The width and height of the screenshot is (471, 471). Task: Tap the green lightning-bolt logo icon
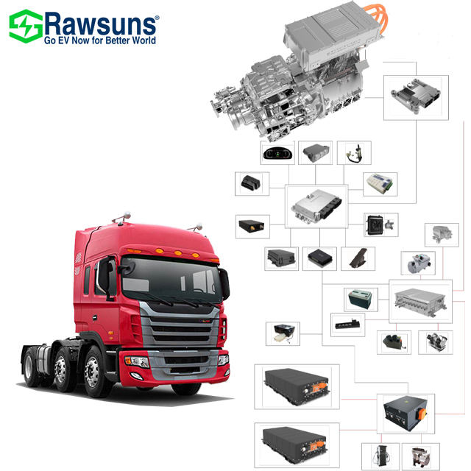[x=25, y=26]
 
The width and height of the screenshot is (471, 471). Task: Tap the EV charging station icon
[x=380, y=455]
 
